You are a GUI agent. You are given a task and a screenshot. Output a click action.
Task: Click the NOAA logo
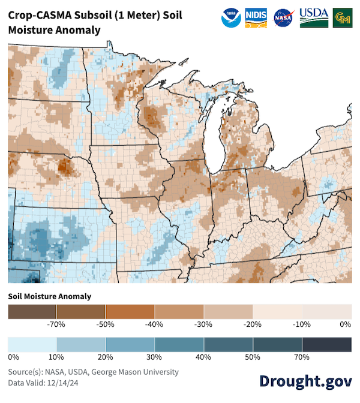(230, 18)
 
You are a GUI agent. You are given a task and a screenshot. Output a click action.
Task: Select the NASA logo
(283, 18)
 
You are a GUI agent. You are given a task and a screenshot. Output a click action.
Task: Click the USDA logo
(314, 17)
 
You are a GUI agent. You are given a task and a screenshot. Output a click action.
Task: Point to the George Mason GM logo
(343, 18)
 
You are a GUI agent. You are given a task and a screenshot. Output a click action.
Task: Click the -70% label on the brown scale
(56, 324)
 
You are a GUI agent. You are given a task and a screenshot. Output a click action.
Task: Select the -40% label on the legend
(155, 324)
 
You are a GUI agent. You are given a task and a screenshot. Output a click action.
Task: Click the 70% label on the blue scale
(301, 357)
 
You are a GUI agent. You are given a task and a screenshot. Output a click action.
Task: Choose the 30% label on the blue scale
(155, 357)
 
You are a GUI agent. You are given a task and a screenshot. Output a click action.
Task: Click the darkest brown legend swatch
(32, 311)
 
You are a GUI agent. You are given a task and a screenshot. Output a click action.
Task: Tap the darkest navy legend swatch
(326, 344)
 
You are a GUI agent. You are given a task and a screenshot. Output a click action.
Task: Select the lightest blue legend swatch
(32, 344)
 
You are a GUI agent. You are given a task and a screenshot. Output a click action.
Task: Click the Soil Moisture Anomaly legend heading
(50, 296)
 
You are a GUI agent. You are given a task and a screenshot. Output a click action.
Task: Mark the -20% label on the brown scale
(252, 324)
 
